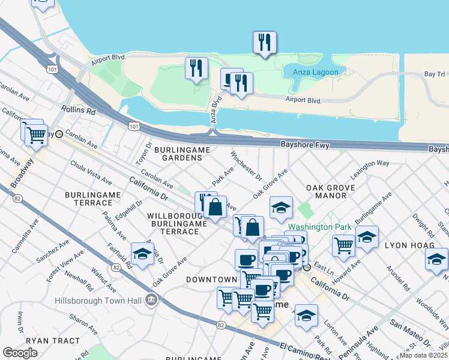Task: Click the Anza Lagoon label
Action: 316,73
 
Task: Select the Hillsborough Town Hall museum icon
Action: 151,299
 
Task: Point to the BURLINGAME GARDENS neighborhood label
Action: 178,153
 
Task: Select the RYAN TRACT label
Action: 53,341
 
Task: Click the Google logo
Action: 20,353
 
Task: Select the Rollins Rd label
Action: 78,111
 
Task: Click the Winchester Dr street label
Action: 247,166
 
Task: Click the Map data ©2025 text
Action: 424,355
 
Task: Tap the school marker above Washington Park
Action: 281,208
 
